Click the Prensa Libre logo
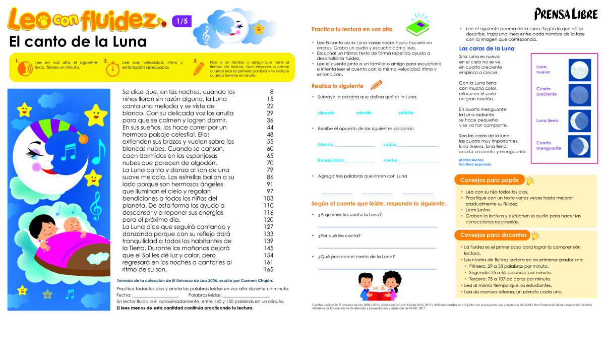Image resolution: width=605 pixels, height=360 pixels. pos(565,14)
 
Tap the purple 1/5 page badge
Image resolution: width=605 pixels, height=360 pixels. pos(181,21)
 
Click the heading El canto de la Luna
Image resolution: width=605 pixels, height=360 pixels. pos(78,41)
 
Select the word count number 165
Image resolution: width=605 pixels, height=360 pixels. pos(268,269)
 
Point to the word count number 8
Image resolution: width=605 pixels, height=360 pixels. pos(271,92)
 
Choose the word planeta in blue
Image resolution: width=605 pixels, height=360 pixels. pos(326,112)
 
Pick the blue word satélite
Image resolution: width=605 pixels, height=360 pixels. pos(405,112)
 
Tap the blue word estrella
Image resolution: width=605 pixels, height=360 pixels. pos(364,112)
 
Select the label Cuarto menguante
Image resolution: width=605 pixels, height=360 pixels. pos(548,145)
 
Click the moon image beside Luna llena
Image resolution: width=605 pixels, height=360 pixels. pos(579,121)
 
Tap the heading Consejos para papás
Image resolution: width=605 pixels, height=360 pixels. pos(489,181)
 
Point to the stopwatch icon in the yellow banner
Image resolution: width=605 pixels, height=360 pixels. pos(114,68)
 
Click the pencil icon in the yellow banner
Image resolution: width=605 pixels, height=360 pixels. pos(199,69)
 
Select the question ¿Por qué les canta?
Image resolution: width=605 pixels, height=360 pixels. pos(339,235)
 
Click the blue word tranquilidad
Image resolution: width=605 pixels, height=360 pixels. pos(330,160)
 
